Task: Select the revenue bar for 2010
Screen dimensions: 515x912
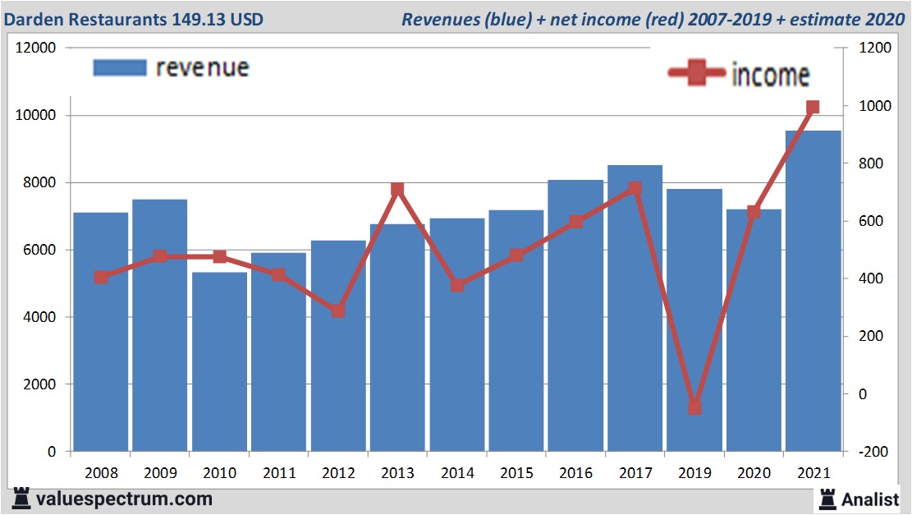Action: pyautogui.click(x=219, y=361)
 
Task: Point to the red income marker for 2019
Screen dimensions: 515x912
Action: pyautogui.click(x=695, y=407)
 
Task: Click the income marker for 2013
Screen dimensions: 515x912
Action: pyautogui.click(x=397, y=190)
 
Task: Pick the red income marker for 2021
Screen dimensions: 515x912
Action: pyautogui.click(x=813, y=108)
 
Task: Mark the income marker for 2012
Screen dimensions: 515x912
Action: pyautogui.click(x=338, y=311)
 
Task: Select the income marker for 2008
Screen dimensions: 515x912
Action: pyautogui.click(x=101, y=278)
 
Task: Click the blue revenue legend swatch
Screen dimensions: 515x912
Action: pyautogui.click(x=119, y=67)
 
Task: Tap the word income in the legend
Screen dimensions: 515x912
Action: pyautogui.click(x=770, y=75)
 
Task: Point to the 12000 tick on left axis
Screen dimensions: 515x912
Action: pyautogui.click(x=35, y=48)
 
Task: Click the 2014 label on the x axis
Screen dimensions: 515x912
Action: pyautogui.click(x=457, y=474)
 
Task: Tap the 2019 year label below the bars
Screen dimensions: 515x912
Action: pyautogui.click(x=694, y=474)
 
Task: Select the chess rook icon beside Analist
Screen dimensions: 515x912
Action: pyautogui.click(x=827, y=499)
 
